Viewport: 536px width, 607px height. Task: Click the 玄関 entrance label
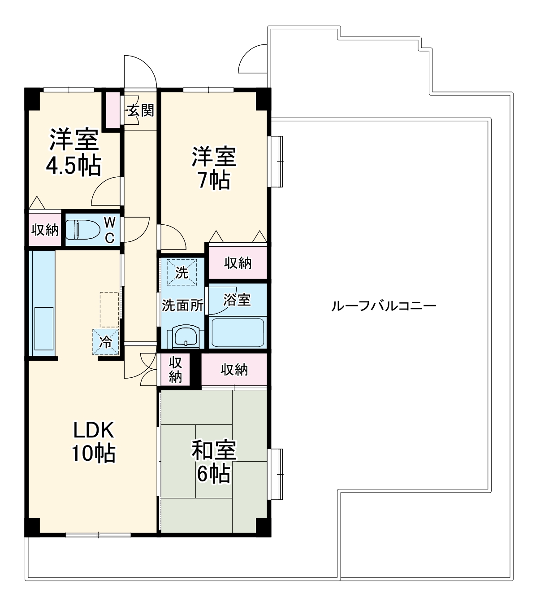(x=140, y=110)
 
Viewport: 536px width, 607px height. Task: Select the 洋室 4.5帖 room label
(x=73, y=153)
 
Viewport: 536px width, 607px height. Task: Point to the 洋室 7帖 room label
(x=214, y=167)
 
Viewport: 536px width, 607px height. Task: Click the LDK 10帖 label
(x=94, y=442)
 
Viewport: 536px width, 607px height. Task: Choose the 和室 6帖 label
(x=214, y=462)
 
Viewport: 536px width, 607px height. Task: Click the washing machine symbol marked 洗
(x=182, y=272)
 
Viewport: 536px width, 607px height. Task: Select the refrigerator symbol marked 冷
(x=106, y=342)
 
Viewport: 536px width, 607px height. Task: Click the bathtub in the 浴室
(x=237, y=332)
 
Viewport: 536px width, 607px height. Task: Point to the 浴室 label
(x=237, y=300)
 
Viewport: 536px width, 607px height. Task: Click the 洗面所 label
(x=182, y=306)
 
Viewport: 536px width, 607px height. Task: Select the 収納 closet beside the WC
(x=45, y=230)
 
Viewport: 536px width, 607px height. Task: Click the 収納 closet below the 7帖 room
(x=238, y=263)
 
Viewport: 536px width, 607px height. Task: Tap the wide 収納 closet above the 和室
(x=234, y=370)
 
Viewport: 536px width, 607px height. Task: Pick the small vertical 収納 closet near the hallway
(x=175, y=370)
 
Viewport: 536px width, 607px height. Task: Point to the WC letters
(x=109, y=230)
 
